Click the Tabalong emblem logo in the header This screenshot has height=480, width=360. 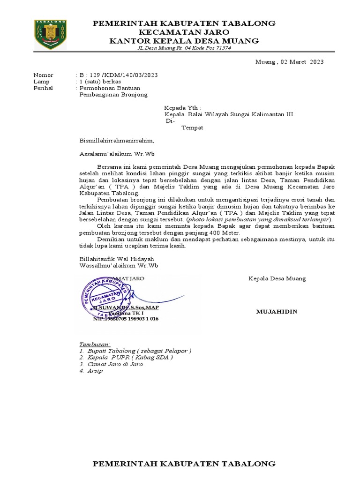point(50,34)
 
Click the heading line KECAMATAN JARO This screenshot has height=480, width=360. point(184,32)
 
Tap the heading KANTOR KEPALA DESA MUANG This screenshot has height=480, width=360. point(184,41)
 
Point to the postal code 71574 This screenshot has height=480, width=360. point(222,49)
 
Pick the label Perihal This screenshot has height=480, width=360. point(43,88)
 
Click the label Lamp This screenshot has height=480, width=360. point(41,82)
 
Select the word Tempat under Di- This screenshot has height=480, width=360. point(192,127)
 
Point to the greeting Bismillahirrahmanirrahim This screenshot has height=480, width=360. point(116,140)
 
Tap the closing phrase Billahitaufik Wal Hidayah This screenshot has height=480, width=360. point(116,259)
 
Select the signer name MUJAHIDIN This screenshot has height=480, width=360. point(277,312)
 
